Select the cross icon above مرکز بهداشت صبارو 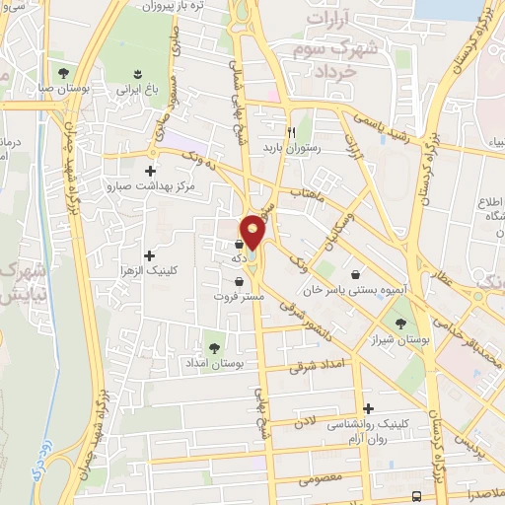[151, 153]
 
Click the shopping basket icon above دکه [239, 243]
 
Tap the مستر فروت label [239, 295]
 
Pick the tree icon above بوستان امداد [215, 347]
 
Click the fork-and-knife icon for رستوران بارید [291, 131]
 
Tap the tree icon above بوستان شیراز [399, 324]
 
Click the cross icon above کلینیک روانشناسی [369, 408]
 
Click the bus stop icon [417, 496]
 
